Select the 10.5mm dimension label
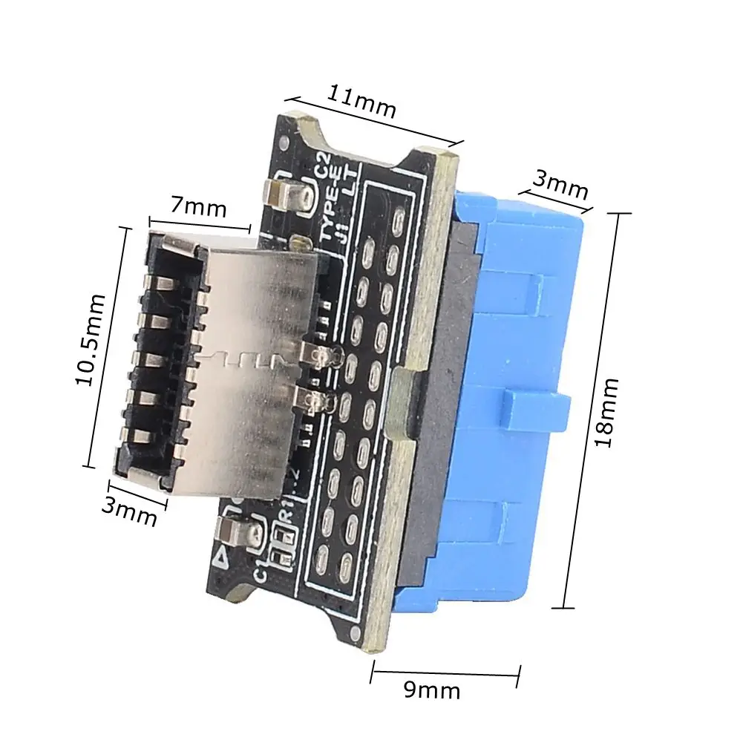click(x=93, y=340)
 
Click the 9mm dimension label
click(x=432, y=691)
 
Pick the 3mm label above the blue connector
click(x=560, y=185)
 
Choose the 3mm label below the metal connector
click(x=130, y=510)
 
